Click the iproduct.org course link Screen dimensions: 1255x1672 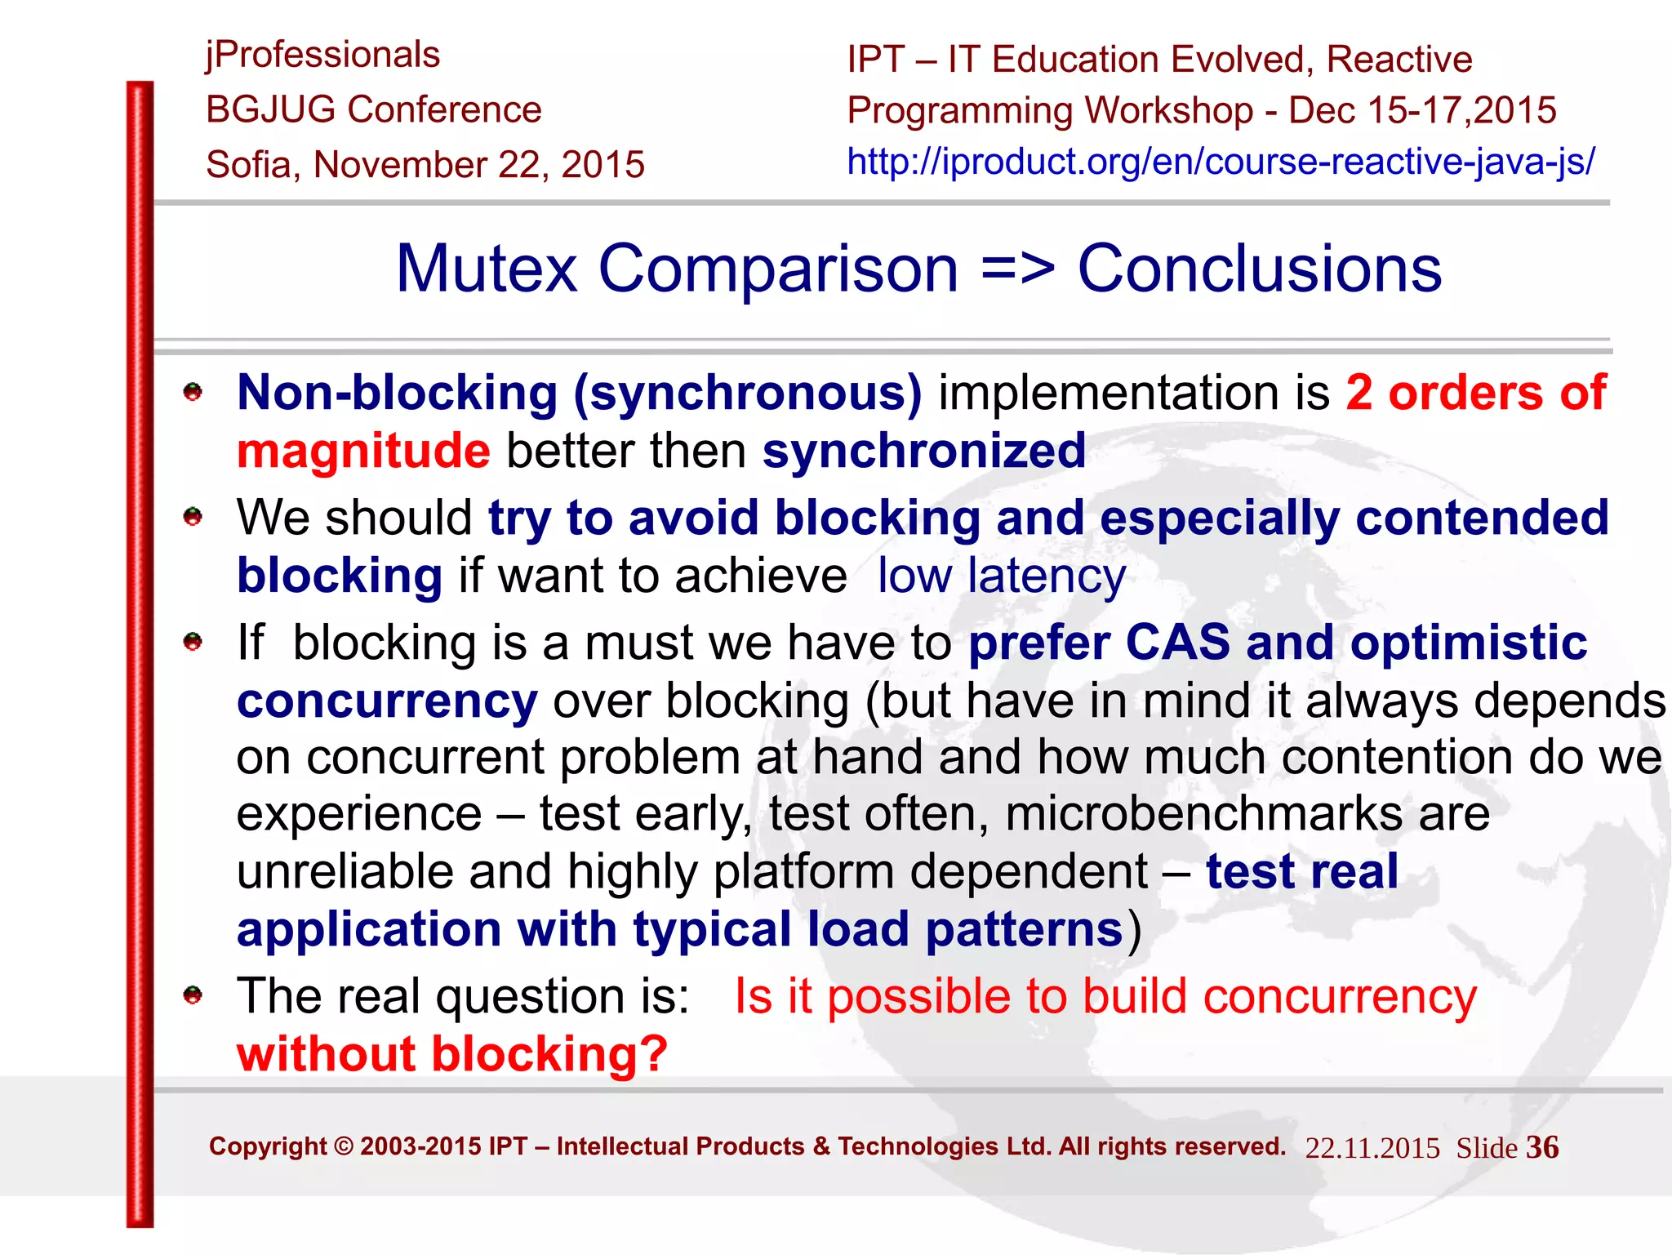(x=1221, y=162)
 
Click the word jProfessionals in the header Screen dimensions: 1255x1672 (x=323, y=56)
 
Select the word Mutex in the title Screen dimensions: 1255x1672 (x=487, y=269)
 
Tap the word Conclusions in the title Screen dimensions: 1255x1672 (x=1260, y=269)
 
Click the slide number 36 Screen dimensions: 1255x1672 (x=1542, y=1147)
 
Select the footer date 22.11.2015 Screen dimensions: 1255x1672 (x=1372, y=1148)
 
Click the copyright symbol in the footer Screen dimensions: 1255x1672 (x=344, y=1146)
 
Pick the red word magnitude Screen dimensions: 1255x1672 (x=363, y=451)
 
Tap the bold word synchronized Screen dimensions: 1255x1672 (x=924, y=451)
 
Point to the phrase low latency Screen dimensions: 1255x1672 (x=1002, y=576)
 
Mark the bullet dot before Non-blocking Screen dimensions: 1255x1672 (x=193, y=393)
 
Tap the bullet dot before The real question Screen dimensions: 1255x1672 (x=193, y=995)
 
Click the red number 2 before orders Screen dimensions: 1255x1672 (x=1359, y=393)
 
